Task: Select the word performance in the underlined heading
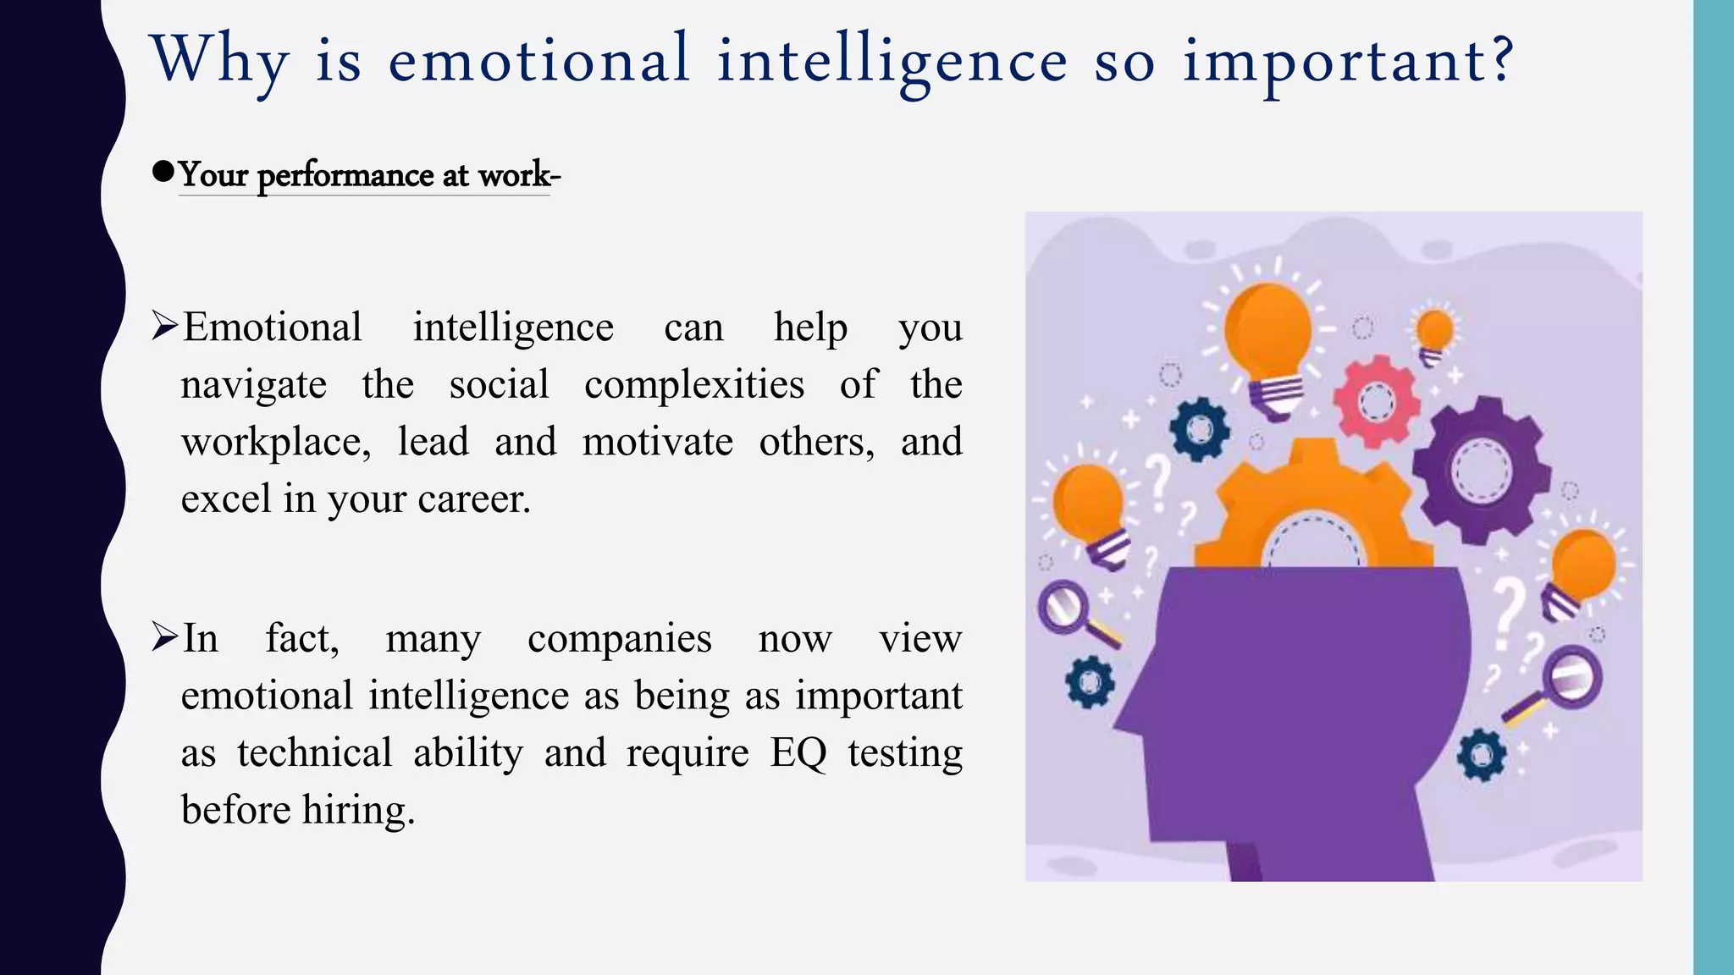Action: (x=345, y=175)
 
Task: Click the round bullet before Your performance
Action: (x=163, y=172)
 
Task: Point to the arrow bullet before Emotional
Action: (x=164, y=326)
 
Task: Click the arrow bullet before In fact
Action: (x=164, y=636)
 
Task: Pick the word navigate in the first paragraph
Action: (x=254, y=385)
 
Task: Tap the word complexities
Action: (x=694, y=385)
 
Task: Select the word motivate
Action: (x=657, y=442)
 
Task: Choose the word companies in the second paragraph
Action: (x=619, y=638)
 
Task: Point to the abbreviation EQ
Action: (x=798, y=752)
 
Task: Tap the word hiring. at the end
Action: (x=358, y=810)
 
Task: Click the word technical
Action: (x=314, y=752)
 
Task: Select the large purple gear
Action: (x=1482, y=471)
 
